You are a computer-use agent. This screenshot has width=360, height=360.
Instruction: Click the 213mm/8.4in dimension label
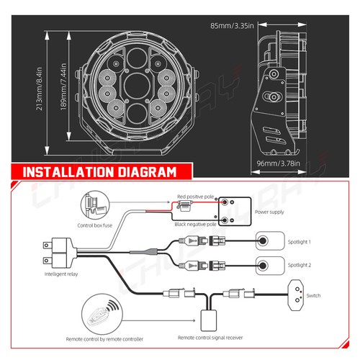(39, 89)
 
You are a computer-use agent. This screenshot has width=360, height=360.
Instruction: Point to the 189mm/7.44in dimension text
(63, 87)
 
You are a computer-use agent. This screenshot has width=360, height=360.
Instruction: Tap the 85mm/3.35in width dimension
(232, 26)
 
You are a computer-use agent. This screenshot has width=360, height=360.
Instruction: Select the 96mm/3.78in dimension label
(278, 163)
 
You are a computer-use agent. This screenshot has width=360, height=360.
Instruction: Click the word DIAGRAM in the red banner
(147, 172)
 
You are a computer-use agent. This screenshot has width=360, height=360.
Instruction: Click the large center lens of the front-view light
(138, 85)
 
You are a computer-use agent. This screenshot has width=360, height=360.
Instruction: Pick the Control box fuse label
(95, 225)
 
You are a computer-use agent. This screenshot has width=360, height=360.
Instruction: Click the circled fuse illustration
(95, 205)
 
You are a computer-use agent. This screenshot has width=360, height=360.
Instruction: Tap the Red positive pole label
(196, 197)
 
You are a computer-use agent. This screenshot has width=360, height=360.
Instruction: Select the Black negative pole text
(195, 224)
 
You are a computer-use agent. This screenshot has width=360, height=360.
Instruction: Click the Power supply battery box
(235, 212)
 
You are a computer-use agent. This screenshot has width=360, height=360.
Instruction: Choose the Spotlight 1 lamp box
(270, 240)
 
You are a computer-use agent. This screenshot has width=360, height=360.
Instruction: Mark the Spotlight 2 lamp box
(270, 266)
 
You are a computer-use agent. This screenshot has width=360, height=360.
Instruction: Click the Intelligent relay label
(61, 274)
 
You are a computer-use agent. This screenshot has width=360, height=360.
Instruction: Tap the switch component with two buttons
(296, 295)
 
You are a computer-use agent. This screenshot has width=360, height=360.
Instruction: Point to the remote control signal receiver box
(209, 320)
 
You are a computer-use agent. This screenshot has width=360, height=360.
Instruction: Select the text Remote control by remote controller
(104, 339)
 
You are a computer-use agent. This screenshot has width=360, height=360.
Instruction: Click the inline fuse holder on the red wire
(184, 206)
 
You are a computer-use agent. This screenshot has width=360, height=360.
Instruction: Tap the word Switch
(313, 295)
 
